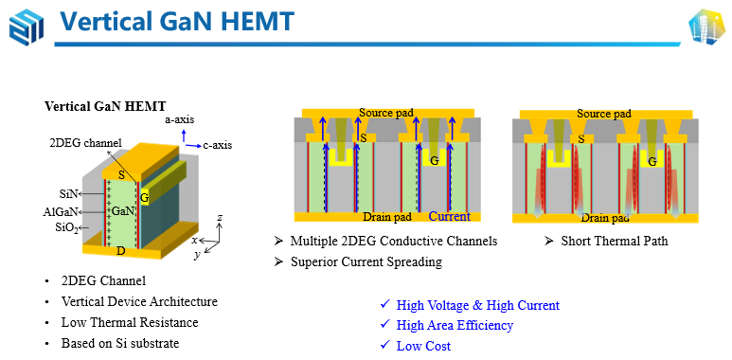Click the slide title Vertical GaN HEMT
(x=177, y=22)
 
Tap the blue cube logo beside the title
(x=27, y=27)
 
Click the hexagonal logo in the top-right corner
(x=706, y=27)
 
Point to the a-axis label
(x=180, y=120)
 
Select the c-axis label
(x=218, y=145)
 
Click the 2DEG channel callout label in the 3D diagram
(x=85, y=143)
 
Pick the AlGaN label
(x=60, y=212)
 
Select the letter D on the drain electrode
(x=121, y=251)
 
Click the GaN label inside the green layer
(x=121, y=211)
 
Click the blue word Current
(x=449, y=217)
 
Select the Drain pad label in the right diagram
(x=605, y=218)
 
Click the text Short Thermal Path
(x=615, y=241)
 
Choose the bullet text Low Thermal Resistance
(x=130, y=323)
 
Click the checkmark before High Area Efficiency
(x=384, y=324)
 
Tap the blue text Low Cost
(x=423, y=346)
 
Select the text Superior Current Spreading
(x=366, y=261)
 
